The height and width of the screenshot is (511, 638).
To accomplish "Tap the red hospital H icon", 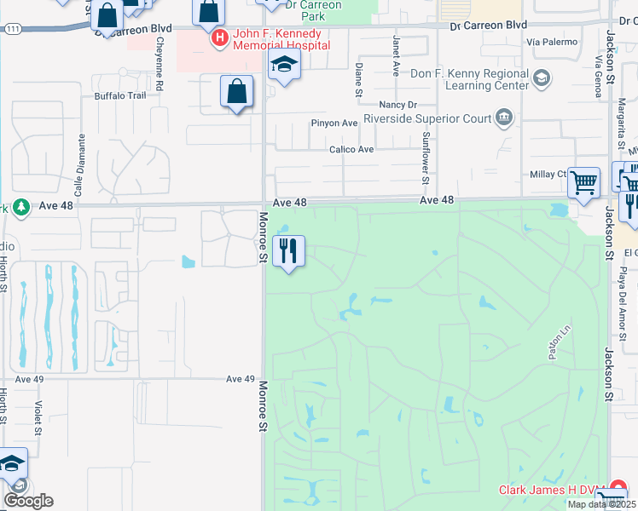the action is [220, 37].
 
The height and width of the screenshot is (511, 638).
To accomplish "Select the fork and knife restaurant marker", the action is [289, 251].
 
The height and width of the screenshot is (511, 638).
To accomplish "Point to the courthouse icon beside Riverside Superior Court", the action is [504, 117].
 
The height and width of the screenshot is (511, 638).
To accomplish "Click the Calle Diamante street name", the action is [81, 161].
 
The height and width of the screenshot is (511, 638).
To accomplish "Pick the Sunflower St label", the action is [425, 158].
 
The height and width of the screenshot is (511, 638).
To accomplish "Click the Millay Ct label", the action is [548, 174].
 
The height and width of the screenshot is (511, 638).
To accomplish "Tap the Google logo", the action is [28, 501].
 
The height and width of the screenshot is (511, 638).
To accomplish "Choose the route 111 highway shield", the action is [12, 29].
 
